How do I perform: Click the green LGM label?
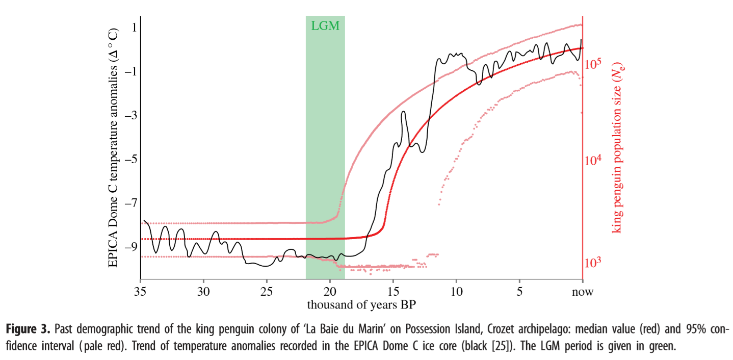pos(325,25)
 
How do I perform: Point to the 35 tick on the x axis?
pos(140,292)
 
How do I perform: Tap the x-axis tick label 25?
pos(267,292)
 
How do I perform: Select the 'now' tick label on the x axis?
pos(583,292)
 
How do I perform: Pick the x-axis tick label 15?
pos(393,292)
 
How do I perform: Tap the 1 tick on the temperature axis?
pos(134,28)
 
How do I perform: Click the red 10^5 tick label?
pos(594,64)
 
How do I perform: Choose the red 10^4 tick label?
pos(594,160)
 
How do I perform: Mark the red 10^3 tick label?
pos(594,262)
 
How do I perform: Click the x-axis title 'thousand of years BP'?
pos(361,305)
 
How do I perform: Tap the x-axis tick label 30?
pos(203,292)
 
